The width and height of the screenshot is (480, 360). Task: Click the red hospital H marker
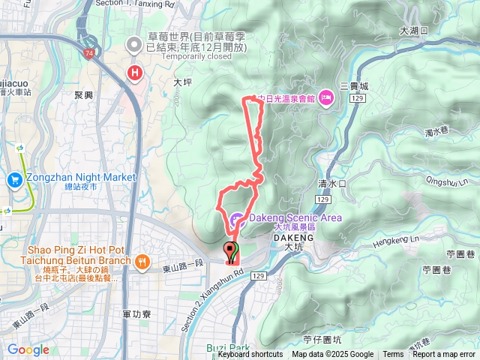click(x=135, y=73)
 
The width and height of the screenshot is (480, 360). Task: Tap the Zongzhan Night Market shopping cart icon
click(x=15, y=180)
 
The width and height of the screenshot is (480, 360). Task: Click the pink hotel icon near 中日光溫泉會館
click(x=326, y=97)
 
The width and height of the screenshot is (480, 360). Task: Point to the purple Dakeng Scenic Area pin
click(x=237, y=220)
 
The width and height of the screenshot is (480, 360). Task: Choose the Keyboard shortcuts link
click(x=250, y=355)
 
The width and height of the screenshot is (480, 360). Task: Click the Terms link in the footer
click(x=393, y=355)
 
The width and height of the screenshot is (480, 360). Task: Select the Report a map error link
click(x=445, y=355)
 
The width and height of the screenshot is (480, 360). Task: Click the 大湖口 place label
click(x=413, y=31)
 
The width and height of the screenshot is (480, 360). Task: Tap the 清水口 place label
click(x=331, y=183)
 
